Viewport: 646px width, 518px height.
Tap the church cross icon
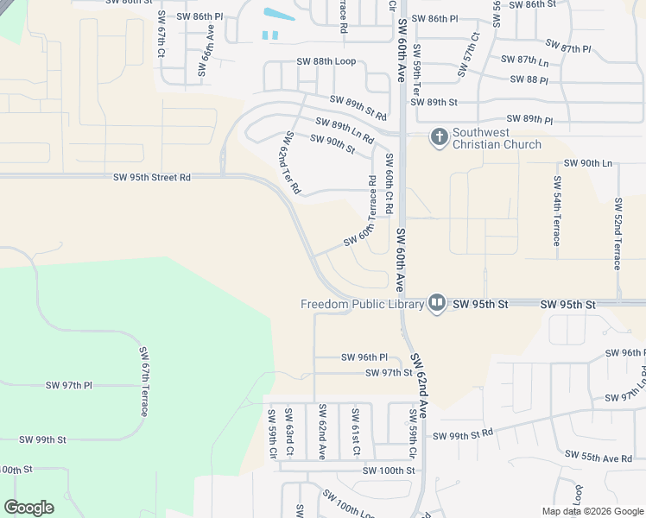point(439,137)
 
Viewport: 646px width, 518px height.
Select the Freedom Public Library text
point(362,304)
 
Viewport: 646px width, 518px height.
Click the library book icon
point(437,303)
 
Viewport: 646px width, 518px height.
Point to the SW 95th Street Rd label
point(151,178)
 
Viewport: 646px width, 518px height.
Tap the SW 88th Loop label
point(326,61)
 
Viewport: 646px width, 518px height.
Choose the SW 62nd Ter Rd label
point(289,161)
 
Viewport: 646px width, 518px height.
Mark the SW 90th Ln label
point(587,163)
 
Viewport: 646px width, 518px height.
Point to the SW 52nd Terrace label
point(618,234)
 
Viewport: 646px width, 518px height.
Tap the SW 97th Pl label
point(69,385)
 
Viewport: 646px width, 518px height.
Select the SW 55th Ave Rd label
point(598,456)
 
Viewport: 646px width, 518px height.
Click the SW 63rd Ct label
point(289,434)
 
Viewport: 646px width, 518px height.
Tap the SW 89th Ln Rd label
point(345,131)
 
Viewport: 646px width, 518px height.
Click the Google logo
point(28,508)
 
